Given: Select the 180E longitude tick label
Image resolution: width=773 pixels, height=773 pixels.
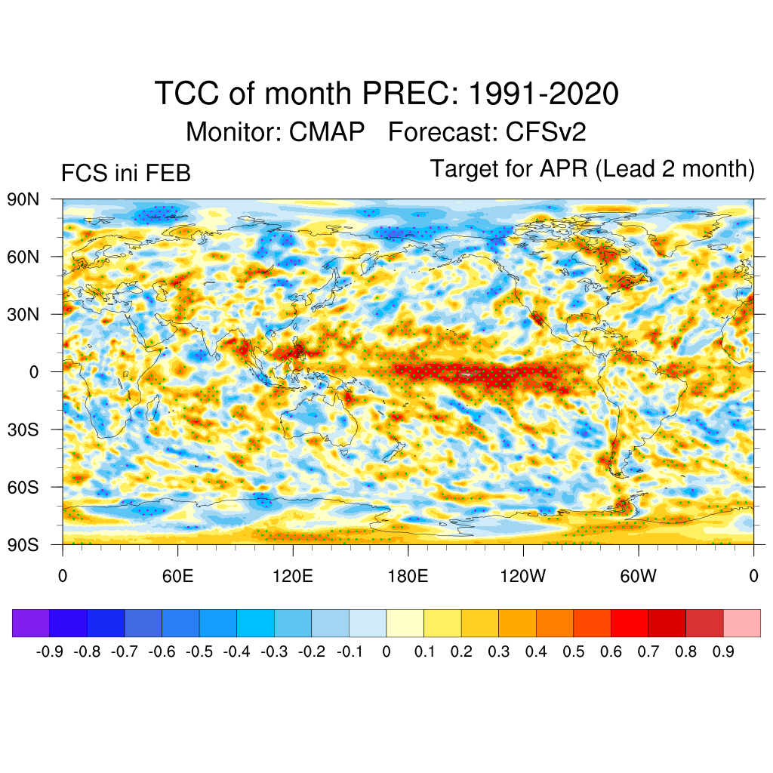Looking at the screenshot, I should click(x=408, y=577).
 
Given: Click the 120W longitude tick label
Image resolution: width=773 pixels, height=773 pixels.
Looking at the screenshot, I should click(x=522, y=577).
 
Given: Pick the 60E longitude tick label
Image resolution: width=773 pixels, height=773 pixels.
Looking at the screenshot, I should click(x=177, y=577).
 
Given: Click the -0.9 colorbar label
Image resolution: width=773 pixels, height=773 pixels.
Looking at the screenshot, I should click(x=51, y=651).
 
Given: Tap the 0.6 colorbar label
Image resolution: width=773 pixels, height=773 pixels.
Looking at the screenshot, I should click(x=611, y=651).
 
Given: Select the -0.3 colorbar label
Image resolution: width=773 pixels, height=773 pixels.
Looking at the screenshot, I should click(x=276, y=651).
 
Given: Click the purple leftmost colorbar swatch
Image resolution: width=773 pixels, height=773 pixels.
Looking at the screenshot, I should click(x=31, y=623).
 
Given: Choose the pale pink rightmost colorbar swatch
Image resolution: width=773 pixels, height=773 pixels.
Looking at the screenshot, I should click(x=741, y=623).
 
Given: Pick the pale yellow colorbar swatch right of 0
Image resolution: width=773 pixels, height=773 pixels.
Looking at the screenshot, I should click(x=405, y=623).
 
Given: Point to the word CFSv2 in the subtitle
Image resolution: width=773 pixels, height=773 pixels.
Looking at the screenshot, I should click(x=546, y=132).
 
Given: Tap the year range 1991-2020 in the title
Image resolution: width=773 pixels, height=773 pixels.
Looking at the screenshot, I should click(x=544, y=94).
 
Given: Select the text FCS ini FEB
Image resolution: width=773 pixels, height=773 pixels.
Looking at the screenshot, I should click(x=126, y=174).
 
